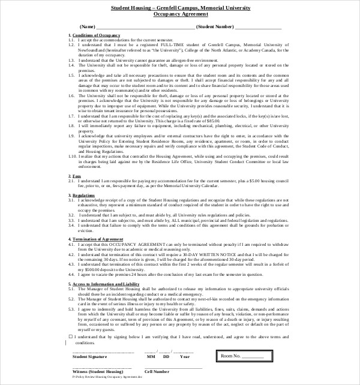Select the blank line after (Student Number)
258,28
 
